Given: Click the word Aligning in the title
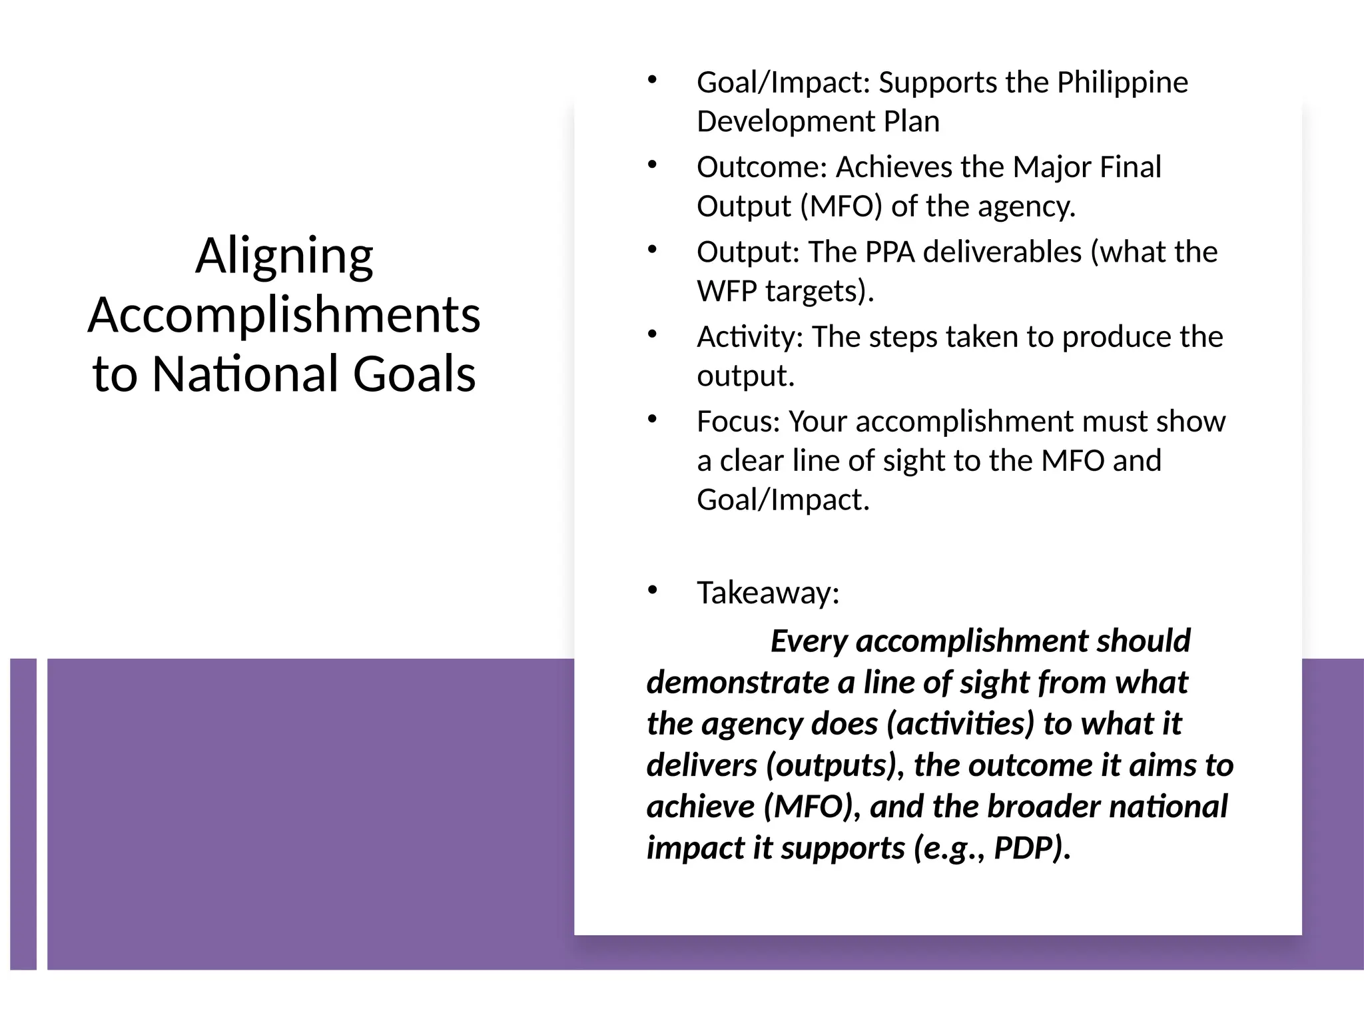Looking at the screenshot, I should [284, 257].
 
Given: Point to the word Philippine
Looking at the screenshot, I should [1122, 83].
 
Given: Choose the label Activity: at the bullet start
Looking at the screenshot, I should [750, 337].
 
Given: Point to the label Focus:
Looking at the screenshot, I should [738, 422].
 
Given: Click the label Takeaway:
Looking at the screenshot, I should [768, 593].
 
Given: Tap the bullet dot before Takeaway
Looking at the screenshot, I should [652, 590].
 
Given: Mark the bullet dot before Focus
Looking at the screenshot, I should [652, 419].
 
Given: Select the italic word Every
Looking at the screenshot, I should [809, 641].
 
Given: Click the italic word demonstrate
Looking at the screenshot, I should [737, 683].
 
